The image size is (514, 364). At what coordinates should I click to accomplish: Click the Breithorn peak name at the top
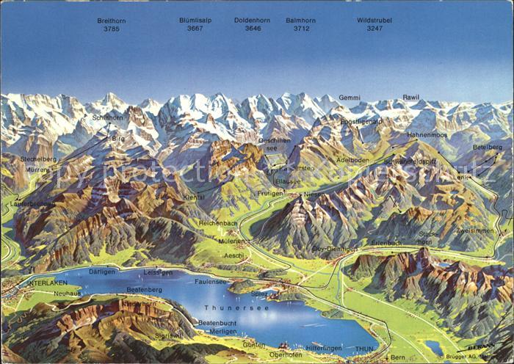click(112, 21)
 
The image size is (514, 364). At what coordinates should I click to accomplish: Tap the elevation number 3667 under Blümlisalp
click(195, 29)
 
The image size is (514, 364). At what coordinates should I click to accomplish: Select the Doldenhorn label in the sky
click(252, 21)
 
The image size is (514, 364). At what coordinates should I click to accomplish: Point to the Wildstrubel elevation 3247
click(374, 29)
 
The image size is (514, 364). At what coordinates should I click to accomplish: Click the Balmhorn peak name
click(300, 21)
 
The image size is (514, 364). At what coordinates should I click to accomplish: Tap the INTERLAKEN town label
click(47, 283)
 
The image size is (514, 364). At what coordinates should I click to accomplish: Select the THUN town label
click(364, 349)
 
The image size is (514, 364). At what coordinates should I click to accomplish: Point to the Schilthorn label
click(107, 117)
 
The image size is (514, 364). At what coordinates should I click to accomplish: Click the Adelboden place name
click(352, 159)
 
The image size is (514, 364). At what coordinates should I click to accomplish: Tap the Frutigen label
click(270, 192)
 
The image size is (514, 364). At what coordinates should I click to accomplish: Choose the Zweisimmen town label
click(475, 230)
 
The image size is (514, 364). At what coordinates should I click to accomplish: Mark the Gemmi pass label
click(350, 98)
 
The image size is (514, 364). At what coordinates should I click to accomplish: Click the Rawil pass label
click(411, 98)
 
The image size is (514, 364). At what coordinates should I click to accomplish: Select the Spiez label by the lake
click(260, 293)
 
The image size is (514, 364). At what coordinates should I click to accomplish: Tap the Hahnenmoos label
click(427, 135)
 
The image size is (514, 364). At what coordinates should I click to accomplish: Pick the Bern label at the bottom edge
click(398, 357)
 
